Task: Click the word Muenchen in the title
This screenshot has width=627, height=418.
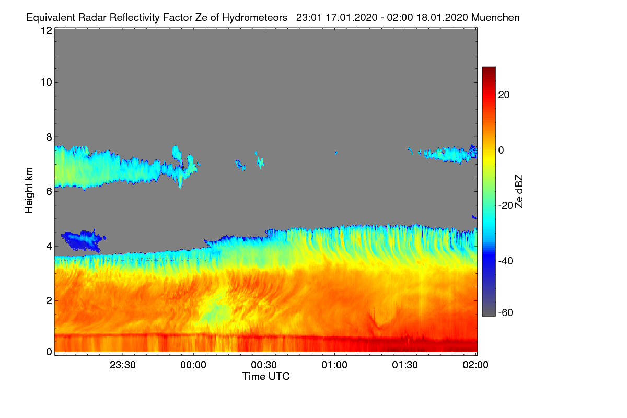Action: pyautogui.click(x=495, y=17)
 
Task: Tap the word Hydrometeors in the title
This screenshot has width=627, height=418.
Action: pyautogui.click(x=255, y=18)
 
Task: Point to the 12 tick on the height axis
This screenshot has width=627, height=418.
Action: pyautogui.click(x=47, y=30)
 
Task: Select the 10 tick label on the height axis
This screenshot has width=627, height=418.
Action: pyautogui.click(x=47, y=83)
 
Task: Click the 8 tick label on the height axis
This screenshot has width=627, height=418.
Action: pyautogui.click(x=49, y=137)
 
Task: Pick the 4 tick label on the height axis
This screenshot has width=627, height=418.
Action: pyautogui.click(x=49, y=247)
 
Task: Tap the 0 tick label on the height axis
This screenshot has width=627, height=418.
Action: pyautogui.click(x=49, y=352)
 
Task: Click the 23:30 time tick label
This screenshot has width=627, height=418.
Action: pyautogui.click(x=123, y=365)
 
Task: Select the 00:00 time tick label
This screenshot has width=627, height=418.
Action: pyautogui.click(x=193, y=365)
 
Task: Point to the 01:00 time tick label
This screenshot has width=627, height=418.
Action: pyautogui.click(x=334, y=365)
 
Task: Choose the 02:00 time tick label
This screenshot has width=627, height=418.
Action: pyautogui.click(x=475, y=365)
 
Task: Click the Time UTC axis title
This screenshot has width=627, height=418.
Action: pyautogui.click(x=266, y=376)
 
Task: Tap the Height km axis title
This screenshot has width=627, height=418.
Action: pyautogui.click(x=29, y=190)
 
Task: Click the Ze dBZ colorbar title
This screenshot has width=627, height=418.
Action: pyautogui.click(x=519, y=191)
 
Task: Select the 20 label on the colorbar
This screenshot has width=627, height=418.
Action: pyautogui.click(x=504, y=95)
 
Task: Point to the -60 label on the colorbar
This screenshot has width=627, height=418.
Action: pyautogui.click(x=506, y=312)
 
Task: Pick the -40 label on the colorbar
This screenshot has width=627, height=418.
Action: pyautogui.click(x=506, y=261)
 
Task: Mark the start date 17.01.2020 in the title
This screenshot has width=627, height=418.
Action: pyautogui.click(x=351, y=17)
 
